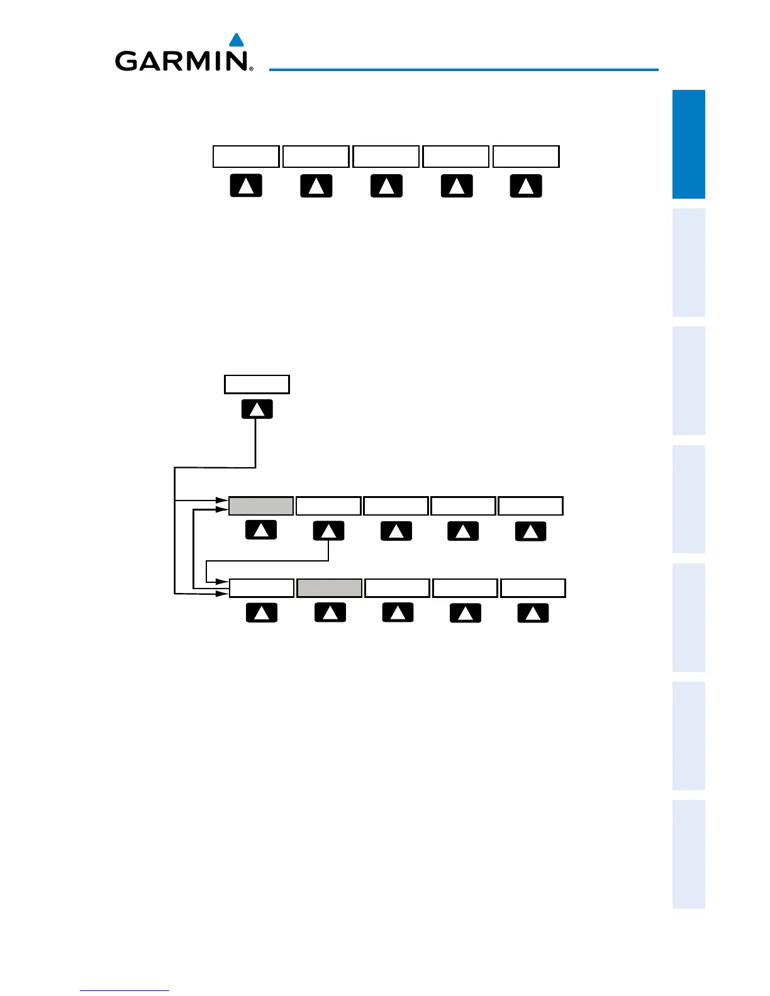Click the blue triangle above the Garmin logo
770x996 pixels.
click(x=237, y=41)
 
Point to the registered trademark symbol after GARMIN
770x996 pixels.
click(x=251, y=69)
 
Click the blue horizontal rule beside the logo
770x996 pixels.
click(x=464, y=69)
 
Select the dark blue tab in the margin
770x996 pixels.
click(x=688, y=144)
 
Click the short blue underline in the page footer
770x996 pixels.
click(x=125, y=991)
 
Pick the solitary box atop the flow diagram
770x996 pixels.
click(x=257, y=384)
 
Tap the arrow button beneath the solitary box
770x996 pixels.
click(x=257, y=409)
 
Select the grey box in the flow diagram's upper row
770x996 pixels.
click(x=260, y=506)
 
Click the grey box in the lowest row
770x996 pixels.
click(x=329, y=588)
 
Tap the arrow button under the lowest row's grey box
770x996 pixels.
click(x=330, y=612)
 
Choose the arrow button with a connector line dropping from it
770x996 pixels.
click(x=328, y=531)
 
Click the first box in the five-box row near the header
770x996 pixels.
click(x=245, y=157)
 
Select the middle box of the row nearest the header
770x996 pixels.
click(x=386, y=157)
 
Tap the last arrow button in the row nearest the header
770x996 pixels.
click(x=526, y=186)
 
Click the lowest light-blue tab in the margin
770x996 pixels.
click(x=688, y=854)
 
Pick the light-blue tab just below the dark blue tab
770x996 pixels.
click(x=688, y=262)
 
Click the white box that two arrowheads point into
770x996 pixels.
click(x=261, y=588)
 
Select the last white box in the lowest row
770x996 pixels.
click(x=533, y=588)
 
